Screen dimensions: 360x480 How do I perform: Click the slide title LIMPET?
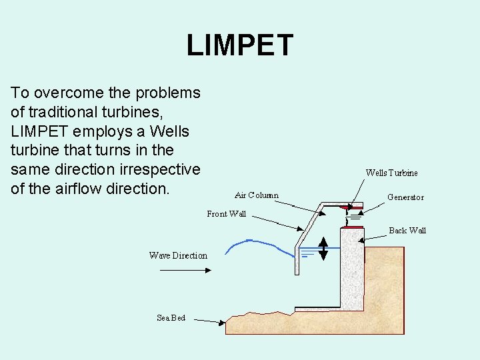point(239,45)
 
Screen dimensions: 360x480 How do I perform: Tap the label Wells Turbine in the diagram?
point(391,173)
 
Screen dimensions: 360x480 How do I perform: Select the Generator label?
point(405,197)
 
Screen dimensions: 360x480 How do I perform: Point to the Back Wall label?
point(407,230)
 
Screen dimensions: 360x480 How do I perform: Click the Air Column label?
point(257,195)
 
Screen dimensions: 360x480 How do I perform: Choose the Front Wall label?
point(226,214)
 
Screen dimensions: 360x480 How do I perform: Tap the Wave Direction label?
point(178,255)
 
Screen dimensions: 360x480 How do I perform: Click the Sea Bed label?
point(171,317)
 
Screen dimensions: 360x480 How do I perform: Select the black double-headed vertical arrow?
point(323,247)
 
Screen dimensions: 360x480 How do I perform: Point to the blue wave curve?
point(260,247)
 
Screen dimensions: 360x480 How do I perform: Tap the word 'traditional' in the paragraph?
point(60,111)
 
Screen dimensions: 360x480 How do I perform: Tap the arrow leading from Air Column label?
point(299,205)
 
